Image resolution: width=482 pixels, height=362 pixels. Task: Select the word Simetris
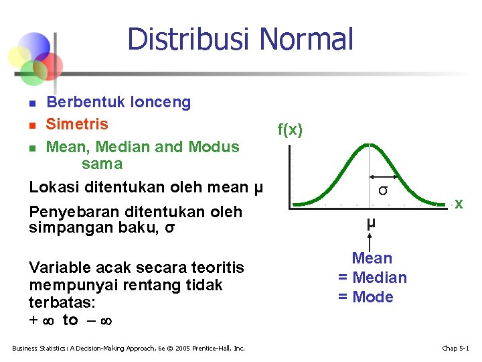pyautogui.click(x=76, y=124)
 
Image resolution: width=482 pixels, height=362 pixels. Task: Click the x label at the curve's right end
pyautogui.click(x=459, y=203)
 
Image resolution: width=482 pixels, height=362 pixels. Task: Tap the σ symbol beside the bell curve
pyautogui.click(x=382, y=190)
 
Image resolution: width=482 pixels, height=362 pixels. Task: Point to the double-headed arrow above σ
pyautogui.click(x=384, y=178)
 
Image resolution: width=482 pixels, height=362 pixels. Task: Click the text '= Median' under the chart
pyautogui.click(x=372, y=278)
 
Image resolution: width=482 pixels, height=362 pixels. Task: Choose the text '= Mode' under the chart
pyautogui.click(x=366, y=297)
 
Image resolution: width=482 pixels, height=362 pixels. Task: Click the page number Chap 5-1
pyautogui.click(x=456, y=348)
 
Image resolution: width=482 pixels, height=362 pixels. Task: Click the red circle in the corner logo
pyautogui.click(x=49, y=66)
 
